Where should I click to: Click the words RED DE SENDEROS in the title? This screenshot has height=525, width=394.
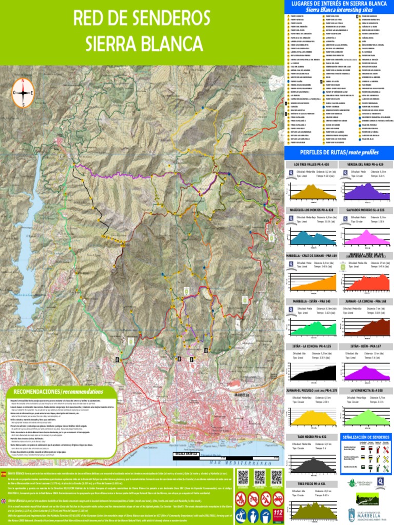click(x=141, y=18)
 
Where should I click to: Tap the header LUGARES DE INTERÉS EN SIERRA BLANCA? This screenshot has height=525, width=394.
click(x=339, y=4)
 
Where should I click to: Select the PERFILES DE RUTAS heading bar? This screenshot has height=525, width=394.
click(x=339, y=152)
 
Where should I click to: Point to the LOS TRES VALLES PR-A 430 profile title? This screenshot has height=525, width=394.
click(x=312, y=164)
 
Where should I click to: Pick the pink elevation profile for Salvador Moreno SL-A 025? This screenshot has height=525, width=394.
click(x=366, y=237)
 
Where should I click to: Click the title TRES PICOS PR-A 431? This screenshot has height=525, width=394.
click(x=312, y=483)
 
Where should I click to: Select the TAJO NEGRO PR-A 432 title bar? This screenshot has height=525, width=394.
click(x=312, y=436)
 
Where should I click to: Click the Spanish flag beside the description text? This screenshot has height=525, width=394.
click(x=5, y=474)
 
